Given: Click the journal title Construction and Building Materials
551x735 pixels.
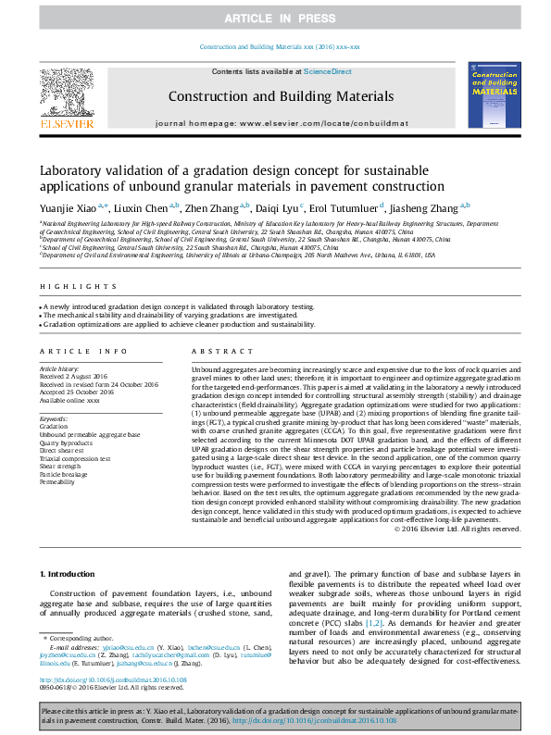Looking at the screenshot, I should click(281, 96).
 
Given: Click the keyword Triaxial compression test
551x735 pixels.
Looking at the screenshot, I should click(75, 458).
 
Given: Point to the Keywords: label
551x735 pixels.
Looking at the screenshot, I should click(55, 419).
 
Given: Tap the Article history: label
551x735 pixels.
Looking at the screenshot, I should click(60, 368).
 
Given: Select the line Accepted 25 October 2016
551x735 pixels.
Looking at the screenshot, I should click(78, 391).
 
